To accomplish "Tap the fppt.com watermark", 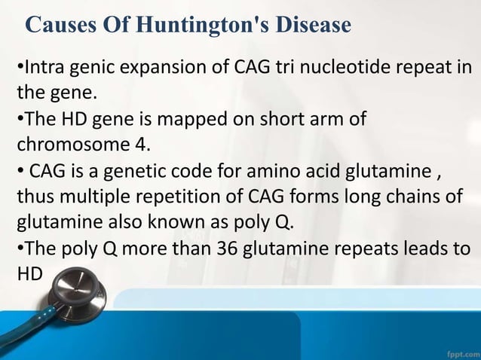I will point(455,351).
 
